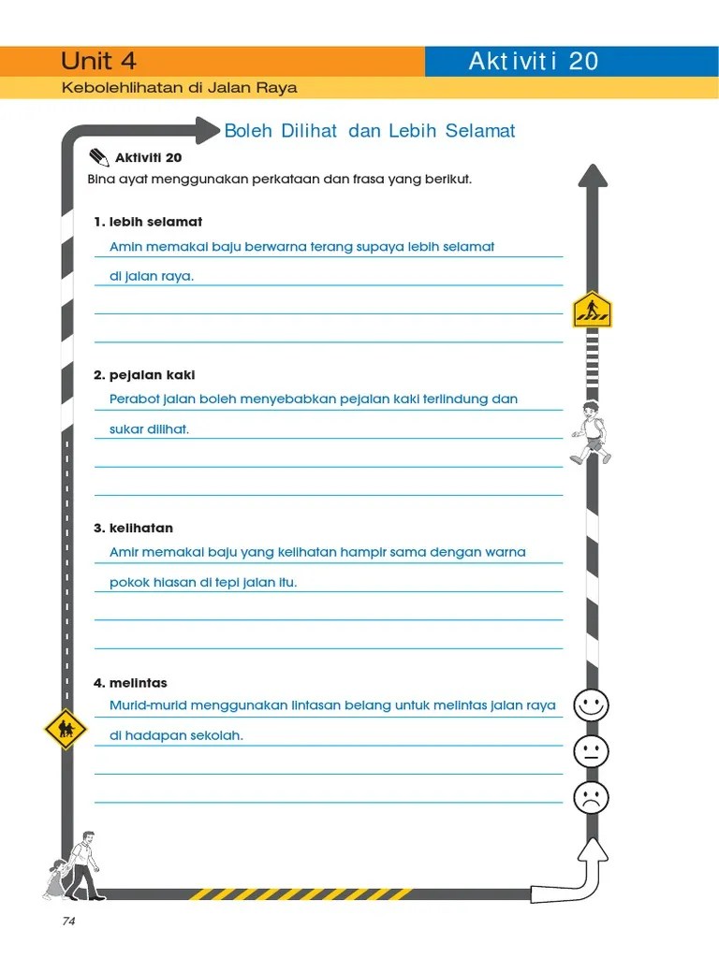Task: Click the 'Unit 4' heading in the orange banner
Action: tap(98, 62)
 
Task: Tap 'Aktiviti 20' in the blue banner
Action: tap(533, 62)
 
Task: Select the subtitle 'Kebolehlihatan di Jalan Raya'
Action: tap(179, 88)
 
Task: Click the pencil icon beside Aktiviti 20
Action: tap(98, 156)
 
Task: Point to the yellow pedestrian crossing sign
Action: tap(592, 309)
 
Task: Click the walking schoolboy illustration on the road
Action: tap(591, 432)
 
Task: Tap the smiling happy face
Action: tap(591, 704)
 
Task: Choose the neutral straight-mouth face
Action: tap(591, 751)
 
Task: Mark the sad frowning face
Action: tap(591, 798)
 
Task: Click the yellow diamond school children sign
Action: tap(66, 729)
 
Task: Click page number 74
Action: tap(68, 922)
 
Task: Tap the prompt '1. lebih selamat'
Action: tap(148, 222)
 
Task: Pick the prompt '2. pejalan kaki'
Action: tap(144, 375)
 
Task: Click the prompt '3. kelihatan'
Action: tap(133, 529)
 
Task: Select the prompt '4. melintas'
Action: tap(130, 683)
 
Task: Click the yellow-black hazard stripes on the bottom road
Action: tap(300, 894)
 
